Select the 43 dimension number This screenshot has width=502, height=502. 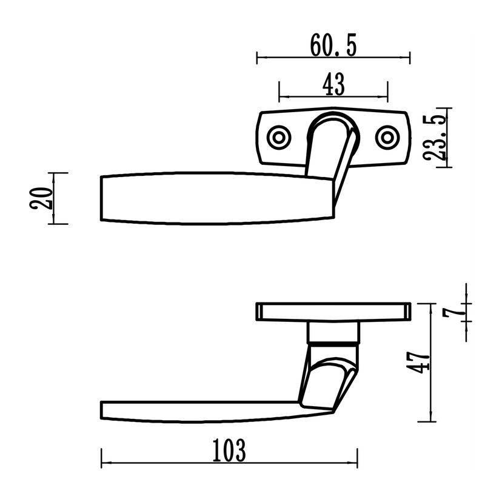[x=333, y=84]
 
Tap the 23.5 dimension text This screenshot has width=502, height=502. [x=435, y=138]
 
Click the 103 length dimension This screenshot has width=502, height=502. [x=229, y=450]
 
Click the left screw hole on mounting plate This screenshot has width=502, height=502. [x=279, y=138]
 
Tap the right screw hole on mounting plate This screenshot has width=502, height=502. [x=387, y=138]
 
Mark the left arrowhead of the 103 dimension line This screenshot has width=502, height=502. [x=105, y=463]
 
